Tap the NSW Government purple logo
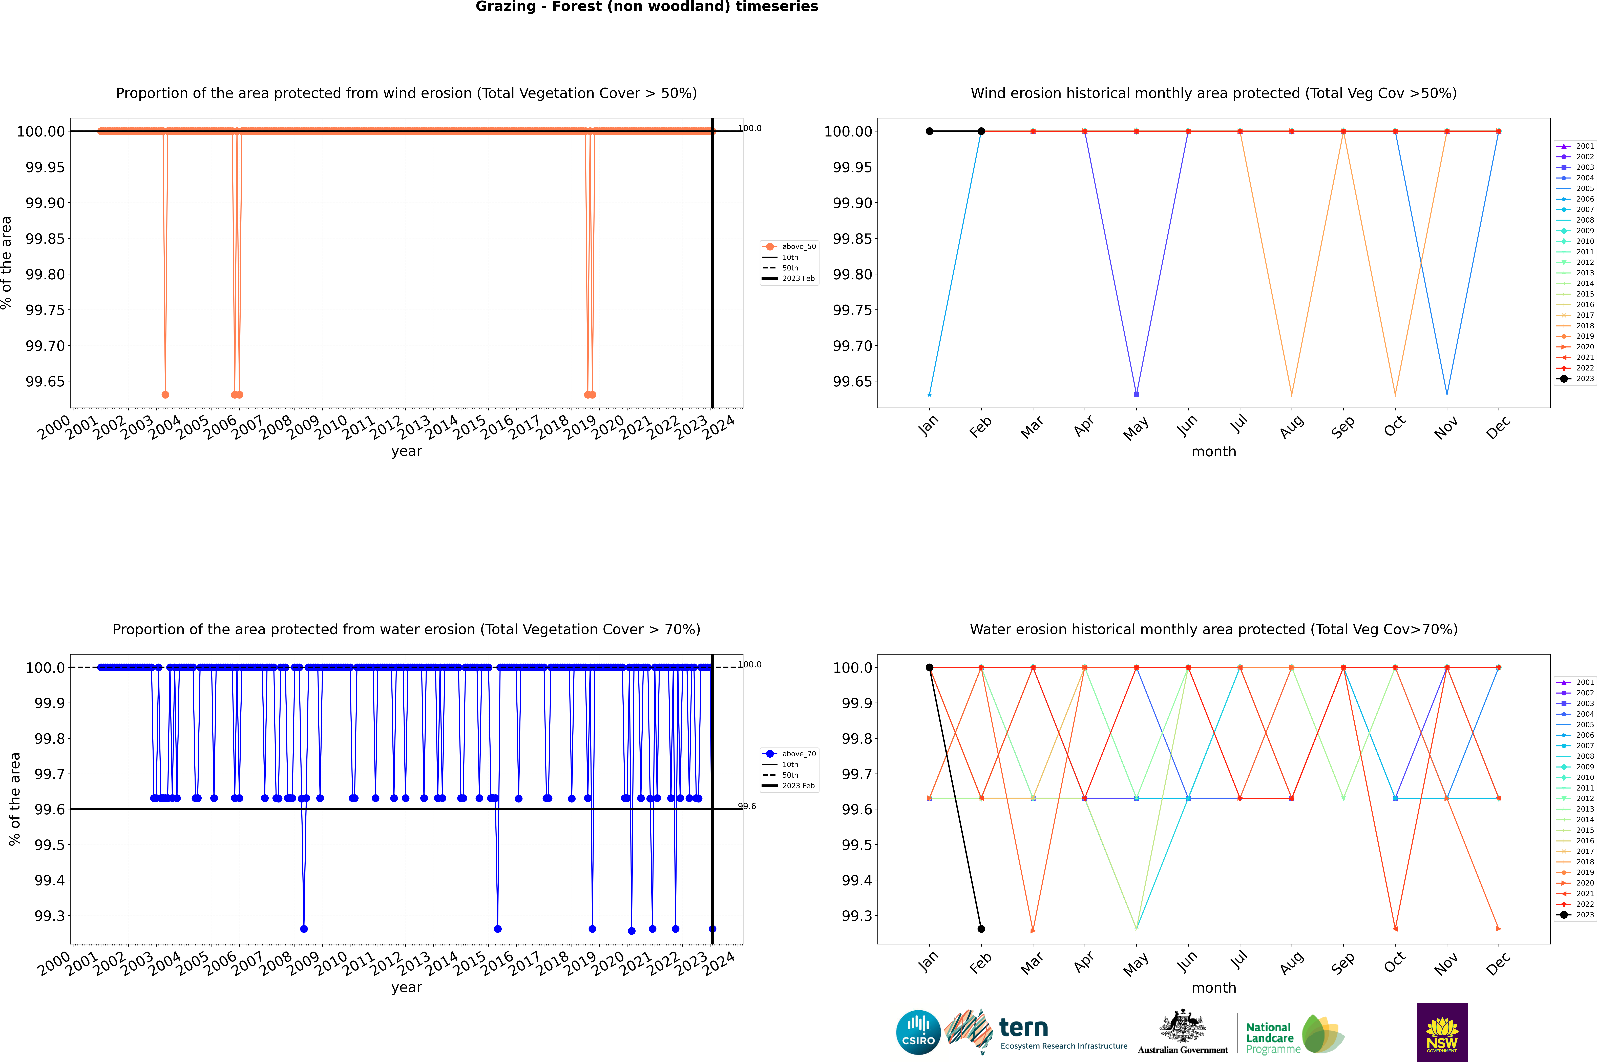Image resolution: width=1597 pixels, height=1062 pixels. (1442, 1032)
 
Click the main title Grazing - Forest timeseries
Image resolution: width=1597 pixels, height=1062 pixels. (646, 7)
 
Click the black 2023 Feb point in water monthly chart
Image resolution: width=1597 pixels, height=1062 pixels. (981, 929)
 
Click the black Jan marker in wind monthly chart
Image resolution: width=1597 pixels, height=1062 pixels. (930, 131)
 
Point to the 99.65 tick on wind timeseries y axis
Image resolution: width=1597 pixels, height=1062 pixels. (45, 381)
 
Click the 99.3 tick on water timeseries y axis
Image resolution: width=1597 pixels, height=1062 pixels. (49, 916)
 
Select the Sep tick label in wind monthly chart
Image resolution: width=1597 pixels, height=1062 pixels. (1343, 427)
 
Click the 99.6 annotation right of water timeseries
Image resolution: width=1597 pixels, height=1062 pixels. (747, 806)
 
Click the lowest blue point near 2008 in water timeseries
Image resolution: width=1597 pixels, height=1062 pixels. (304, 929)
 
